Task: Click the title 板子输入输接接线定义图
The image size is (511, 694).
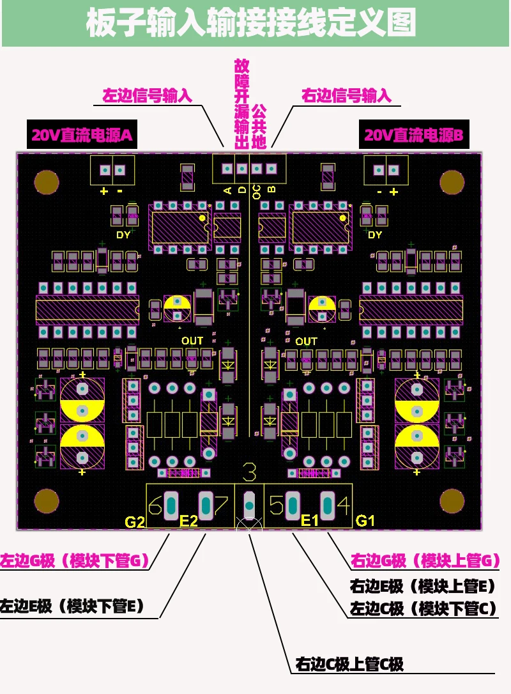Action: click(251, 23)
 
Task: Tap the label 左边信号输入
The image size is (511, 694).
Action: click(148, 96)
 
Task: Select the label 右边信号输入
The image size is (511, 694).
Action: click(346, 96)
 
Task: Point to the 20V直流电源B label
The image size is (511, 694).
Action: click(413, 135)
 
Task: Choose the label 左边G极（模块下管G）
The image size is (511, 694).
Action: click(75, 561)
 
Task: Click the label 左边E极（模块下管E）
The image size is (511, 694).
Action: click(72, 605)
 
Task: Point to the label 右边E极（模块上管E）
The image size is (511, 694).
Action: click(423, 585)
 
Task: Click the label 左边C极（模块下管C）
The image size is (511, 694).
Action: click(423, 608)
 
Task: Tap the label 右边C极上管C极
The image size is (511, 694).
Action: click(349, 664)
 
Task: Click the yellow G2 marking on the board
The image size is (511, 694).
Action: click(135, 521)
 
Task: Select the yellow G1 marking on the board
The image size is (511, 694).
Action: click(365, 521)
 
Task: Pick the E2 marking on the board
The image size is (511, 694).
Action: click(188, 521)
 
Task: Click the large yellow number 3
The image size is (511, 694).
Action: click(250, 473)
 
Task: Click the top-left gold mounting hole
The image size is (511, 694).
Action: click(46, 181)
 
